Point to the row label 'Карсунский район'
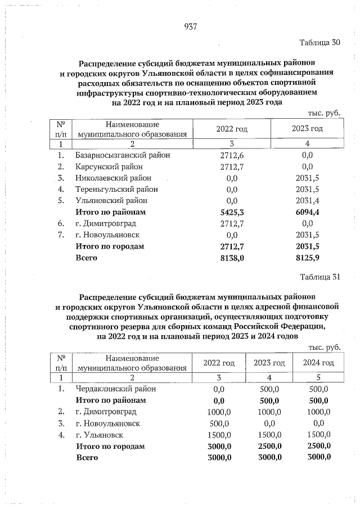[109, 166]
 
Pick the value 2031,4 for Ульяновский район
[307, 201]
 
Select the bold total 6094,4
[307, 212]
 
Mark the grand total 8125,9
[307, 258]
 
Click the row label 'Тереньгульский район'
[116, 190]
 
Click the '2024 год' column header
[318, 362]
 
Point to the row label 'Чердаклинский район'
[115, 389]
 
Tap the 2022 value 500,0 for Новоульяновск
[219, 423]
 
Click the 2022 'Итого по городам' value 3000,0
[219, 446]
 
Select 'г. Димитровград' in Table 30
[105, 223]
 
